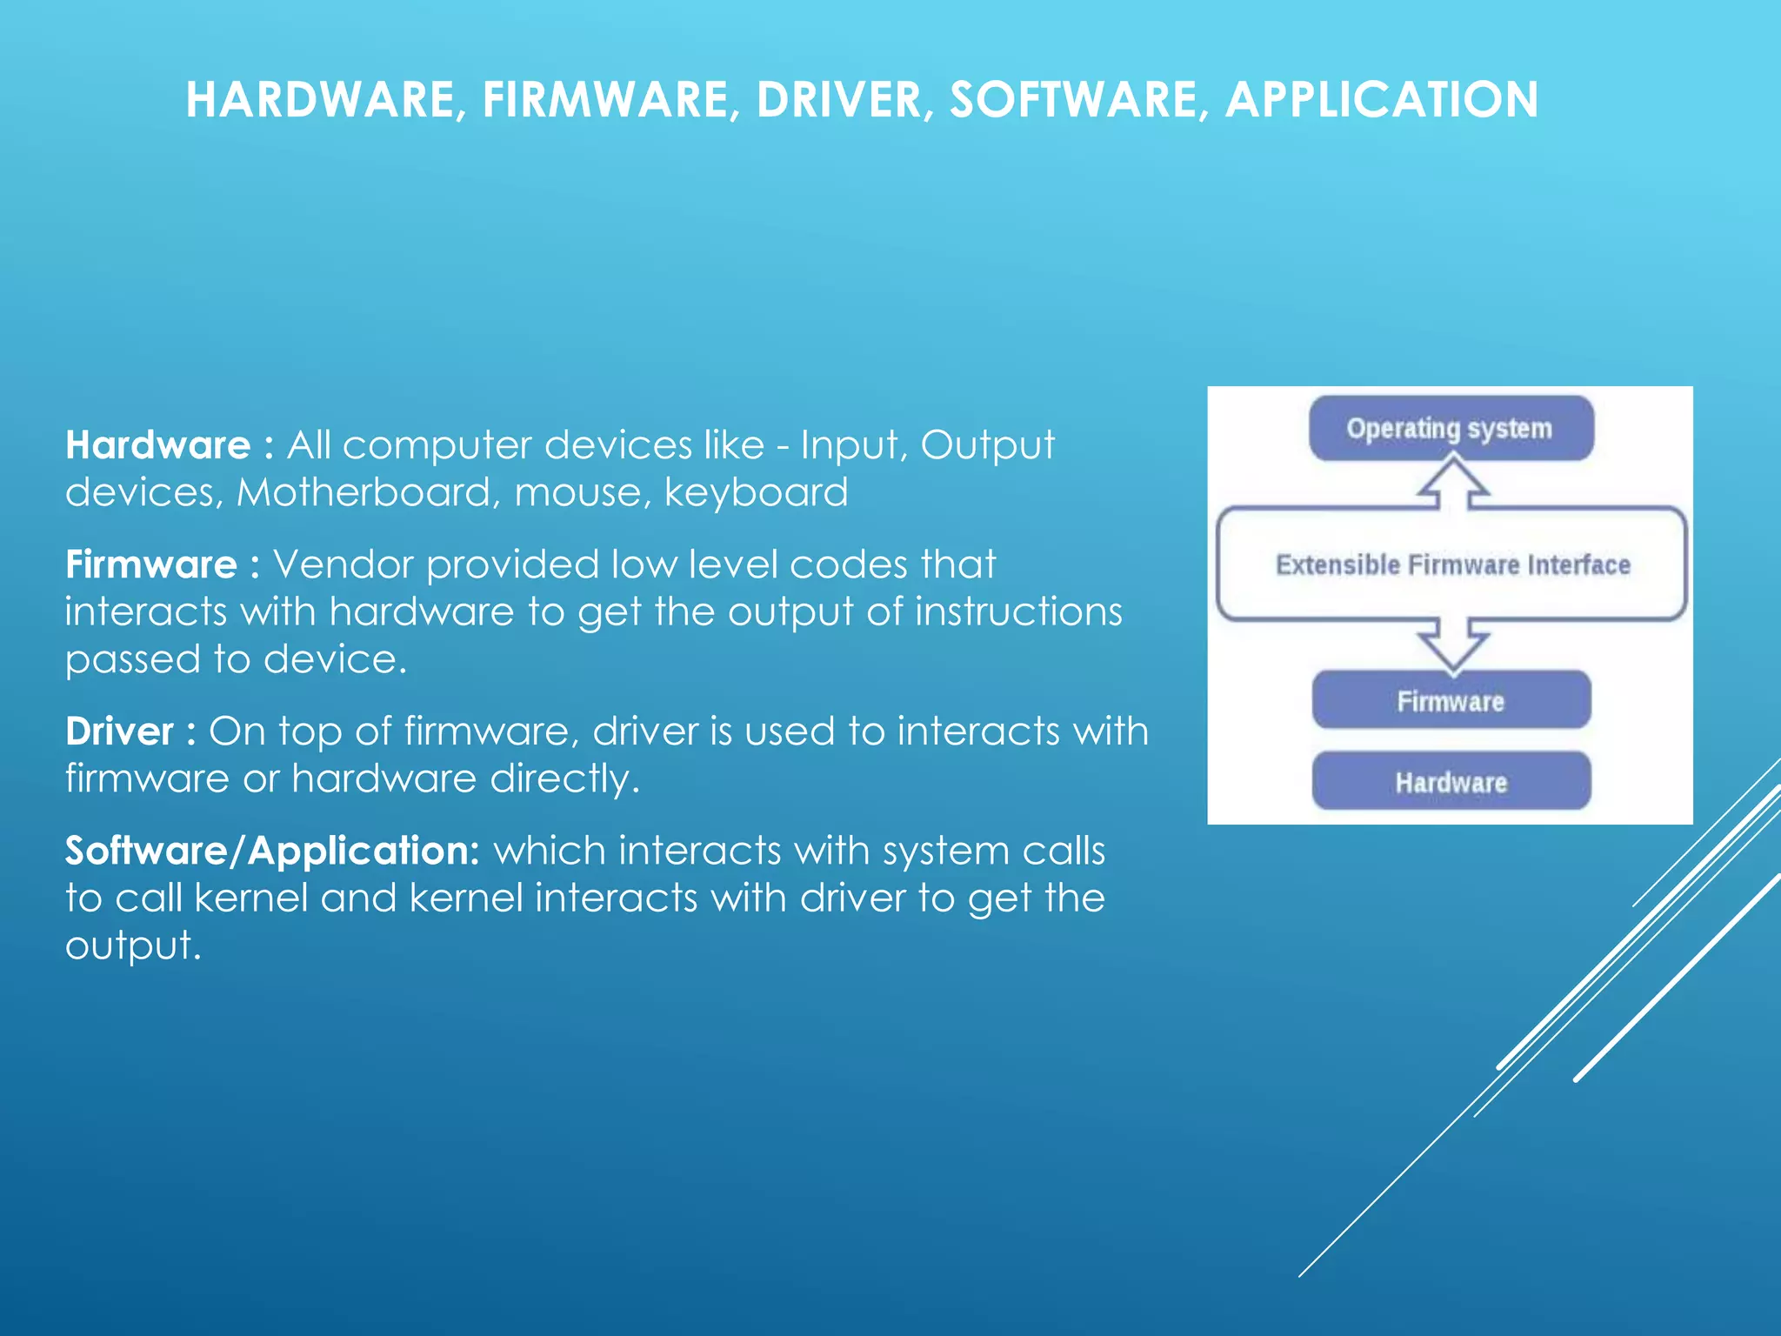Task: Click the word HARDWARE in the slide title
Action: coord(320,99)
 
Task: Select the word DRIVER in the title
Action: coord(838,99)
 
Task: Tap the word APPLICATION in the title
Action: coord(1381,99)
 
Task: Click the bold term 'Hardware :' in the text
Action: coord(169,445)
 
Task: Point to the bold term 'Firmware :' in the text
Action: coord(162,564)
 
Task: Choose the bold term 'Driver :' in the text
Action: coord(130,731)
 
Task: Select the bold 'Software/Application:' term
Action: coord(271,851)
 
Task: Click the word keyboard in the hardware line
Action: coord(756,493)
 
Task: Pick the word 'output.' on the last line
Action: coord(133,945)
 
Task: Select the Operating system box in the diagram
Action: coord(1451,429)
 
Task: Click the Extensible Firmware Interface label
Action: coord(1452,565)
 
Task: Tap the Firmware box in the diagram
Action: coord(1451,701)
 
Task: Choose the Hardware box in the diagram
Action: coord(1451,782)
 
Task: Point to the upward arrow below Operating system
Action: coord(1452,484)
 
